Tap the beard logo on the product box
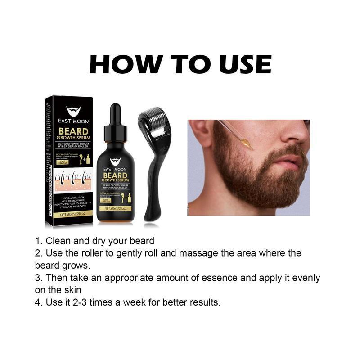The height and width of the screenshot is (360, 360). point(73,111)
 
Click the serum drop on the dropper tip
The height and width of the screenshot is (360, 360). point(246,144)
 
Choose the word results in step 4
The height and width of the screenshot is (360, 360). point(206,302)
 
